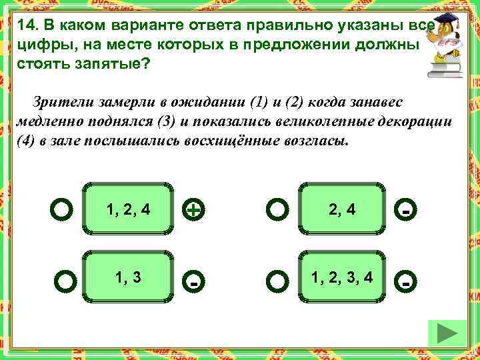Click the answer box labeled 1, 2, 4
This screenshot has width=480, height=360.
coord(128,209)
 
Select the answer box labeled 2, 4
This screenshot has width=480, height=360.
coord(342,209)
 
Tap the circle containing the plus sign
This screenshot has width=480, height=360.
coord(193,211)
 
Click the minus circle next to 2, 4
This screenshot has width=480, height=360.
coord(405,211)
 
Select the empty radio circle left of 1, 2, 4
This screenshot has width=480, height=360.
coord(61,211)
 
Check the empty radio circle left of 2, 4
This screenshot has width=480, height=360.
coord(277,211)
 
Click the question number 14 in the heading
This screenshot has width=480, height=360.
coord(28,25)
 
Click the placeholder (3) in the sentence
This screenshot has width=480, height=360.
coord(163,123)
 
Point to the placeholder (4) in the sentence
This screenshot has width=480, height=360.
coord(25,143)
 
